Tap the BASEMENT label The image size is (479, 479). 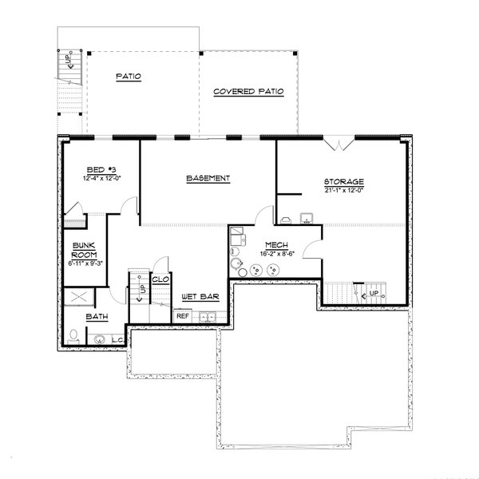point(208,178)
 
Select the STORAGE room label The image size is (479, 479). point(344,181)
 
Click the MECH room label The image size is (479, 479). point(265,246)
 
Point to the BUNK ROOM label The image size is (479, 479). point(84,250)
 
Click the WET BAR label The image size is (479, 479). point(195,296)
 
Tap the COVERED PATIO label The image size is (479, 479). point(248,93)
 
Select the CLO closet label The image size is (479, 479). point(160,279)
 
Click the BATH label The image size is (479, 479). point(96,317)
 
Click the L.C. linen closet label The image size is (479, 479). point(117,340)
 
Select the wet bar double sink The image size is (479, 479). point(206,318)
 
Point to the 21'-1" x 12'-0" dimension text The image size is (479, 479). point(344,191)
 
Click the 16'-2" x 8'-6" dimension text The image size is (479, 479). point(265,255)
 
